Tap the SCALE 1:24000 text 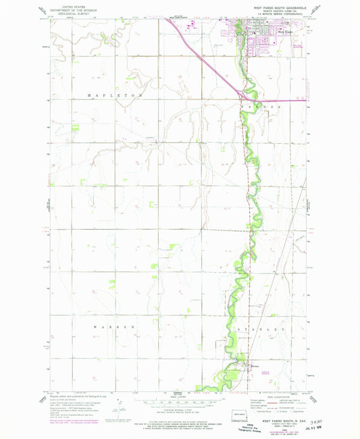click(x=179, y=394)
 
